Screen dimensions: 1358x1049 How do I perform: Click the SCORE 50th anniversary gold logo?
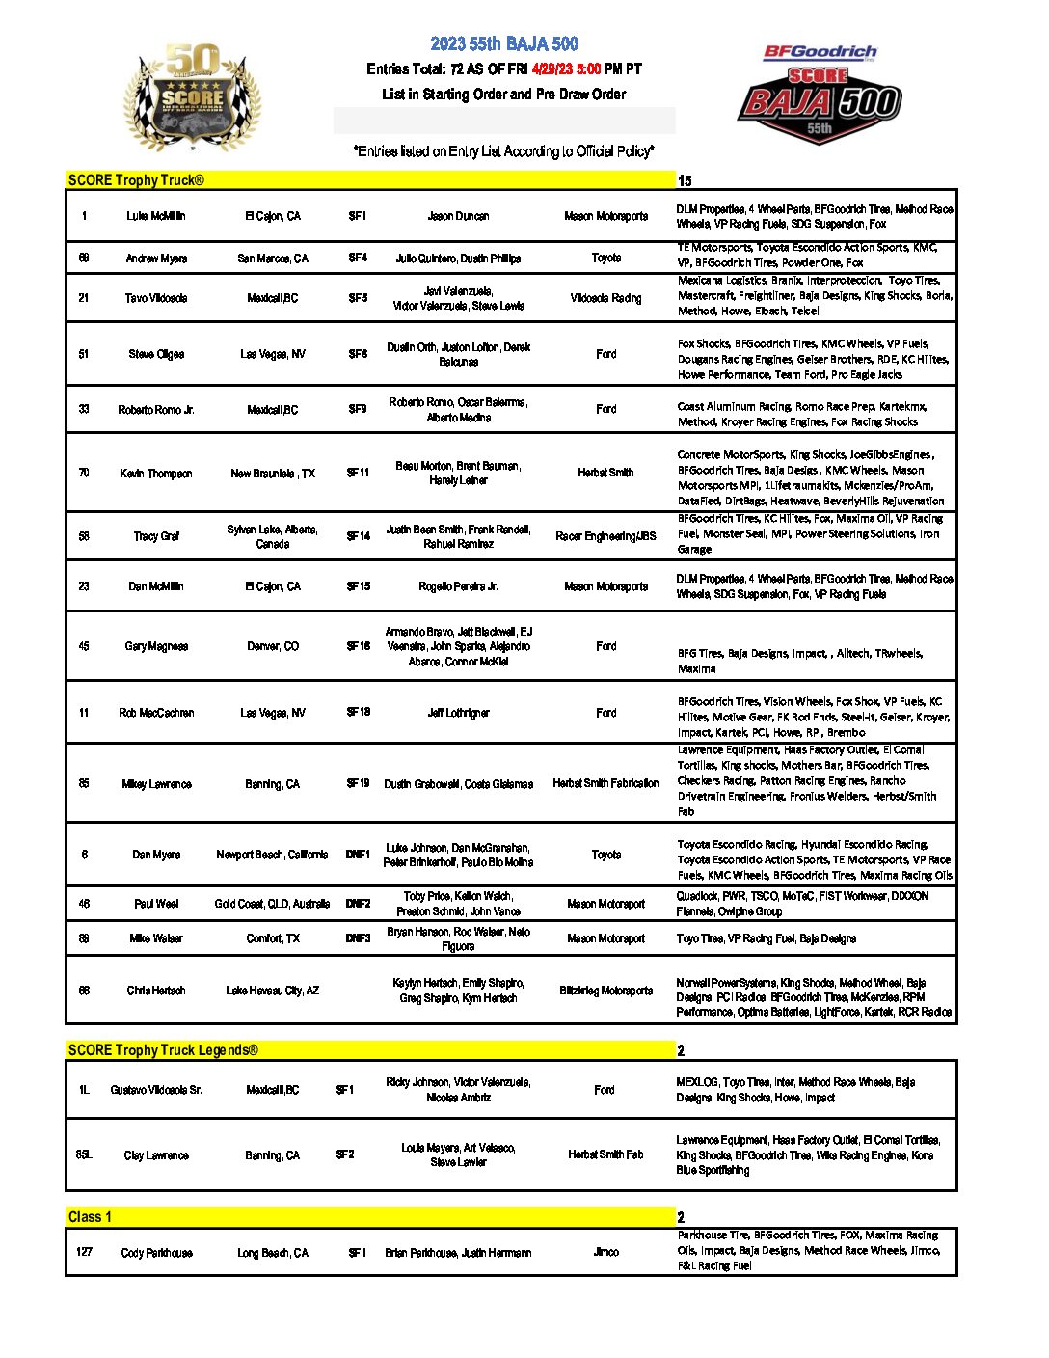192,96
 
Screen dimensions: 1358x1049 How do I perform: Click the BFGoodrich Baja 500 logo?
820,95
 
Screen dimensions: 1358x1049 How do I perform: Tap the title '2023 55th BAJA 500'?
504,43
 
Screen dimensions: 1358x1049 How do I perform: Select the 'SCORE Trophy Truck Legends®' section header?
163,1049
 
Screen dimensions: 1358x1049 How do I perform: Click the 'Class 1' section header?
90,1216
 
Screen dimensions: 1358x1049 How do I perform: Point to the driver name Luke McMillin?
156,216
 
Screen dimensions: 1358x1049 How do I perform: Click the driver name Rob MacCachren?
156,713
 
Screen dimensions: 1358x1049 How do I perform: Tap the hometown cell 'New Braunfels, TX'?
273,474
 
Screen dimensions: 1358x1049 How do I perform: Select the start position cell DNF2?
358,904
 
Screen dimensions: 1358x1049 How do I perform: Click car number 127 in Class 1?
84,1252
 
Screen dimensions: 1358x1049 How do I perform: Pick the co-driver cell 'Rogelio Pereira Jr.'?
458,586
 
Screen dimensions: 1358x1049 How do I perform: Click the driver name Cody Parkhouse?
156,1253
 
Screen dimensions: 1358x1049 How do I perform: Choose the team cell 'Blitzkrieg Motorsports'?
605,991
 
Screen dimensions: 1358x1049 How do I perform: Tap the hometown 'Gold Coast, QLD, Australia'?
272,904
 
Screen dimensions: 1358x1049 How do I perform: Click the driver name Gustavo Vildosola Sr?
156,1090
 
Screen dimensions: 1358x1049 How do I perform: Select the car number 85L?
84,1154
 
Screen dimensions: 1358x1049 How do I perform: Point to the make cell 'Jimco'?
605,1252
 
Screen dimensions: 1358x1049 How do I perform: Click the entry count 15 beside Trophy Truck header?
685,180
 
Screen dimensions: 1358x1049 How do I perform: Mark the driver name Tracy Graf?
156,536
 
